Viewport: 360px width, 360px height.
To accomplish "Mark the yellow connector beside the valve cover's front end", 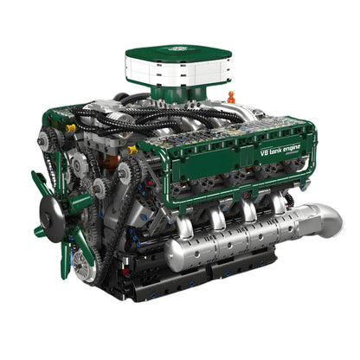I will coord(132,149).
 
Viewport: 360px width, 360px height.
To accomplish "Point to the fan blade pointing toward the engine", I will coord(80,202).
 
